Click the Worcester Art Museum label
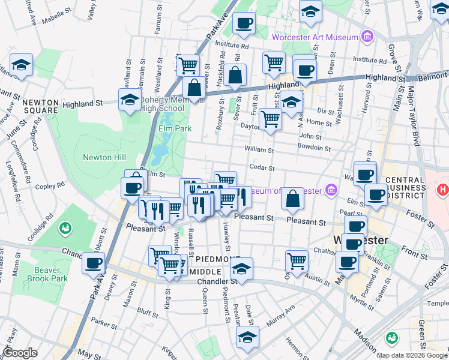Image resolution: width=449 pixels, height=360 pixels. (315, 37)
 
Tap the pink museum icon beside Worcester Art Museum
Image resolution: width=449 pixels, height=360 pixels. (367, 37)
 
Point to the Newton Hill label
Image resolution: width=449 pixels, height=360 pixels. (104, 157)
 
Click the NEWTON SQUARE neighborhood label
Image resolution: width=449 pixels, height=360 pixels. (40, 106)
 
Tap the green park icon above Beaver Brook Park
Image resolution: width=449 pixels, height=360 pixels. (64, 228)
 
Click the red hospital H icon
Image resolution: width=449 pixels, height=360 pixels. (443, 190)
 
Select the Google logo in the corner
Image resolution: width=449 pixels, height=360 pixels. (20, 353)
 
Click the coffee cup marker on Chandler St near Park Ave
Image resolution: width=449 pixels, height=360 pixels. (93, 262)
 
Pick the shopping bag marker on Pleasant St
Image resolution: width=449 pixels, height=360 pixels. (292, 199)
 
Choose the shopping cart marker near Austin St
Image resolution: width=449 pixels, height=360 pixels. (297, 260)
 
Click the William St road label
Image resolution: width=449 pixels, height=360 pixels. (259, 149)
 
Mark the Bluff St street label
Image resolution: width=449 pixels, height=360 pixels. (147, 311)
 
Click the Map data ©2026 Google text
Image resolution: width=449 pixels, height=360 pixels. (412, 355)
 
